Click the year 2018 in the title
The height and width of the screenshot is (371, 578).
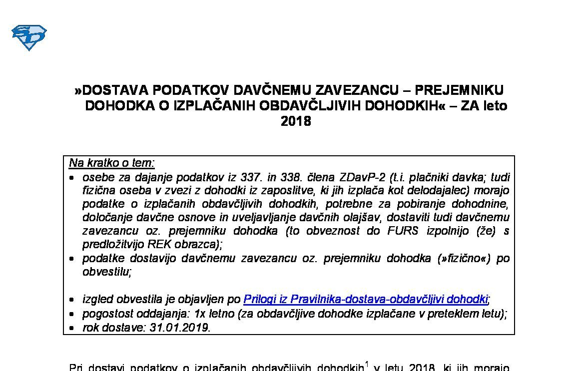coord(296,121)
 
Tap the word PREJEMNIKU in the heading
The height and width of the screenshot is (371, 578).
coord(460,90)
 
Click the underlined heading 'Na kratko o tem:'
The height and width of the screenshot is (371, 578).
coord(112,163)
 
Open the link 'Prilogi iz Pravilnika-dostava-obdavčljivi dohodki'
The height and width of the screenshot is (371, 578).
coord(365,299)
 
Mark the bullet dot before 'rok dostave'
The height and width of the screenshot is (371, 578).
coord(72,329)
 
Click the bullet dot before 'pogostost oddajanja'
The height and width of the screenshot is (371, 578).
coord(72,314)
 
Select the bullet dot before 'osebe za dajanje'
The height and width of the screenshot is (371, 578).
coord(72,178)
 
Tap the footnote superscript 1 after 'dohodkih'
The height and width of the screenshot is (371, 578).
coord(367,365)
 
